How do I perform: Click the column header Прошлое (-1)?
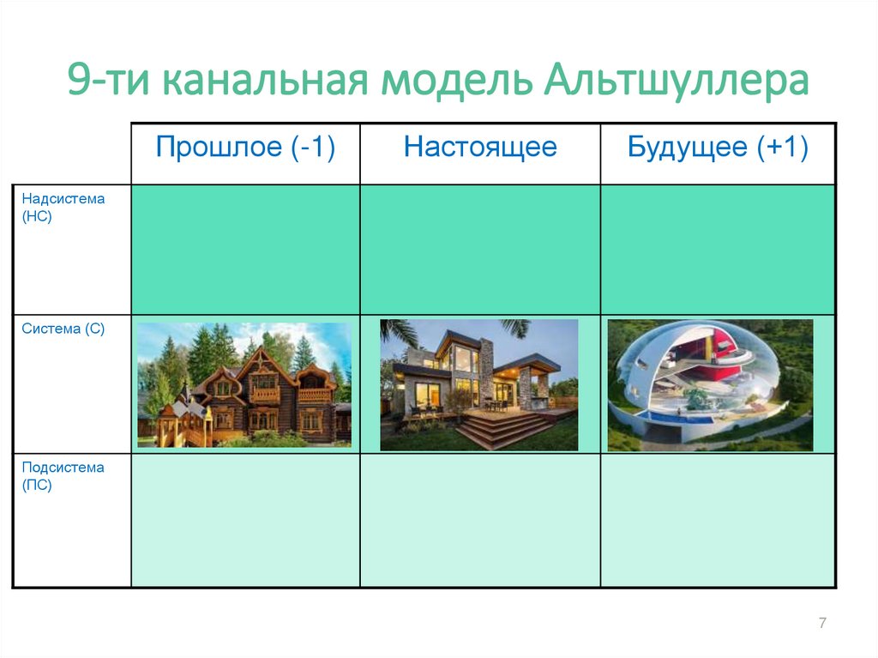[x=245, y=148]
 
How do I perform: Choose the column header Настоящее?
[x=480, y=148]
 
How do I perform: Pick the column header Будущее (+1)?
[x=718, y=148]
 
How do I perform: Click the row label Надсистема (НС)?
[x=63, y=208]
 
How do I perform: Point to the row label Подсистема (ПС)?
[x=63, y=476]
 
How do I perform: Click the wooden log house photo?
[x=244, y=385]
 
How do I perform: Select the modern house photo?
[x=479, y=385]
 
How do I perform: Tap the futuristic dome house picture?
[x=710, y=385]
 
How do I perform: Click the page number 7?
[x=822, y=624]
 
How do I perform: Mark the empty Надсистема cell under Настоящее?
[x=480, y=250]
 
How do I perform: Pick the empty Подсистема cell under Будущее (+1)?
[x=718, y=520]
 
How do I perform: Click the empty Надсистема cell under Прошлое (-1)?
[x=245, y=250]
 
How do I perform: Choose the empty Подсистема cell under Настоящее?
[x=480, y=520]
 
